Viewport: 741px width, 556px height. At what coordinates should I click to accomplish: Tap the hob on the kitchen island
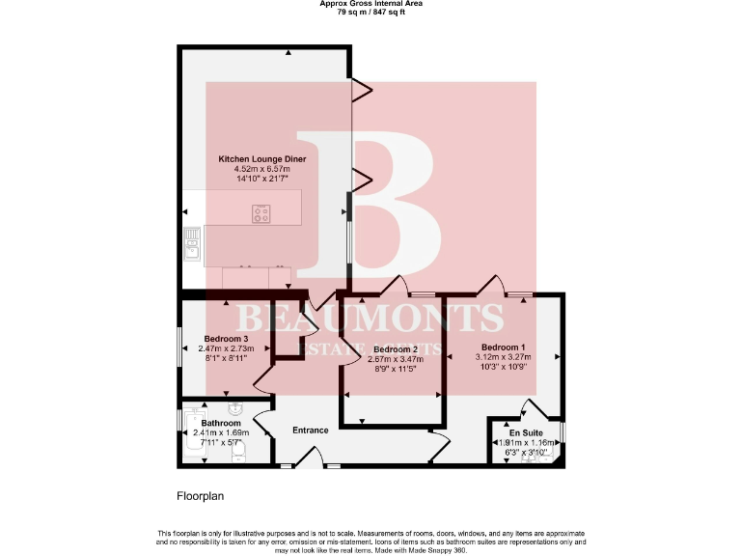click(261, 213)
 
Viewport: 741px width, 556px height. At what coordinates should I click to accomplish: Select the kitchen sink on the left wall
click(192, 242)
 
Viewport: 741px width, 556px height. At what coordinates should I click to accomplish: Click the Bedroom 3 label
click(227, 339)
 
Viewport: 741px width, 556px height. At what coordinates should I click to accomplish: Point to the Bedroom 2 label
click(395, 348)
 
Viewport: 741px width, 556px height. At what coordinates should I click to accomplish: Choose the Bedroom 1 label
click(504, 347)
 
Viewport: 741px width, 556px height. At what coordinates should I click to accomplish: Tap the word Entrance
click(311, 431)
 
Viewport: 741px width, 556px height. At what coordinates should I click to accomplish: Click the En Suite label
click(526, 433)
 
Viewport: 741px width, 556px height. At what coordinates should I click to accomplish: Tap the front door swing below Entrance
click(309, 458)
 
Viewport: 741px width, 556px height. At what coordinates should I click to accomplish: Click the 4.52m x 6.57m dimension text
click(254, 169)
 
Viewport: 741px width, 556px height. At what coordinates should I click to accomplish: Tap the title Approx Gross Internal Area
click(370, 4)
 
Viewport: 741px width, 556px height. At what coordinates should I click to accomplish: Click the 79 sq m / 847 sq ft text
click(370, 12)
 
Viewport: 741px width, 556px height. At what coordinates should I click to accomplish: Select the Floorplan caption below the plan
click(200, 496)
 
